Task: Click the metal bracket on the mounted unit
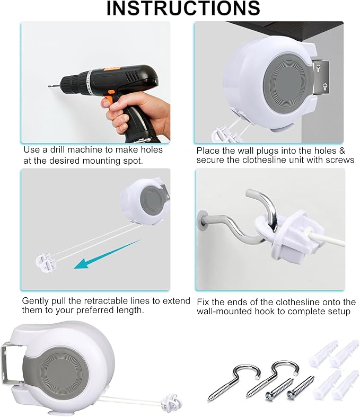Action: coord(320,76)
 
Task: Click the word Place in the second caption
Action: coord(208,150)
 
